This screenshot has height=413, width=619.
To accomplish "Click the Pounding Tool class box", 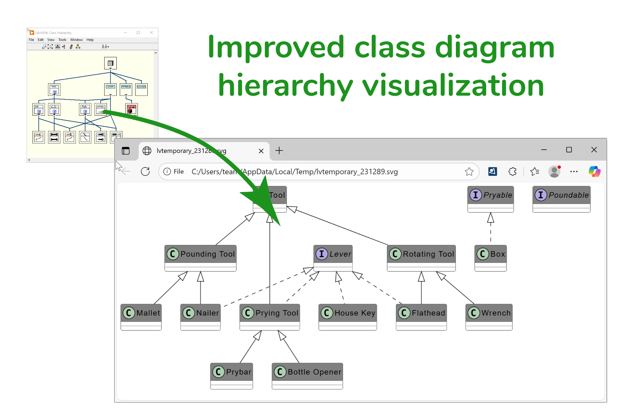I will [200, 258].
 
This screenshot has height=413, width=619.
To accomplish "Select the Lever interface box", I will [333, 258].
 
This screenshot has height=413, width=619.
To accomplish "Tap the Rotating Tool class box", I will [421, 258].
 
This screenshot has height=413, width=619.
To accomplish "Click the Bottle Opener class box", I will [307, 376].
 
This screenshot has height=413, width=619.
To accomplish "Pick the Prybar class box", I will [231, 376].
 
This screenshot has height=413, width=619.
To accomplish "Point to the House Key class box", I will [348, 317].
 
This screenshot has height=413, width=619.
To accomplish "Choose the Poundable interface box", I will [561, 199].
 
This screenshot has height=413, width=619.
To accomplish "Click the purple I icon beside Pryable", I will [476, 195].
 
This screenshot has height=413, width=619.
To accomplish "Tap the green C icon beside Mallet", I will [129, 313].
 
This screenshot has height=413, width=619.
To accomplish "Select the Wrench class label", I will [496, 313].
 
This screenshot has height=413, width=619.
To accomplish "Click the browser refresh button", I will [145, 171].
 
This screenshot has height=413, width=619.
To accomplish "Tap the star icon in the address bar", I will [469, 172].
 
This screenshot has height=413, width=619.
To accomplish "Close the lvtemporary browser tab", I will [261, 151].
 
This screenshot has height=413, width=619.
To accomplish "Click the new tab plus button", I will [279, 150].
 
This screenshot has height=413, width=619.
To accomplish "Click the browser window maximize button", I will [569, 150].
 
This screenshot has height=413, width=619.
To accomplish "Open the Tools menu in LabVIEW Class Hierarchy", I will [62, 40].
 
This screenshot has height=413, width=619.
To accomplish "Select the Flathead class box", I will [421, 317].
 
